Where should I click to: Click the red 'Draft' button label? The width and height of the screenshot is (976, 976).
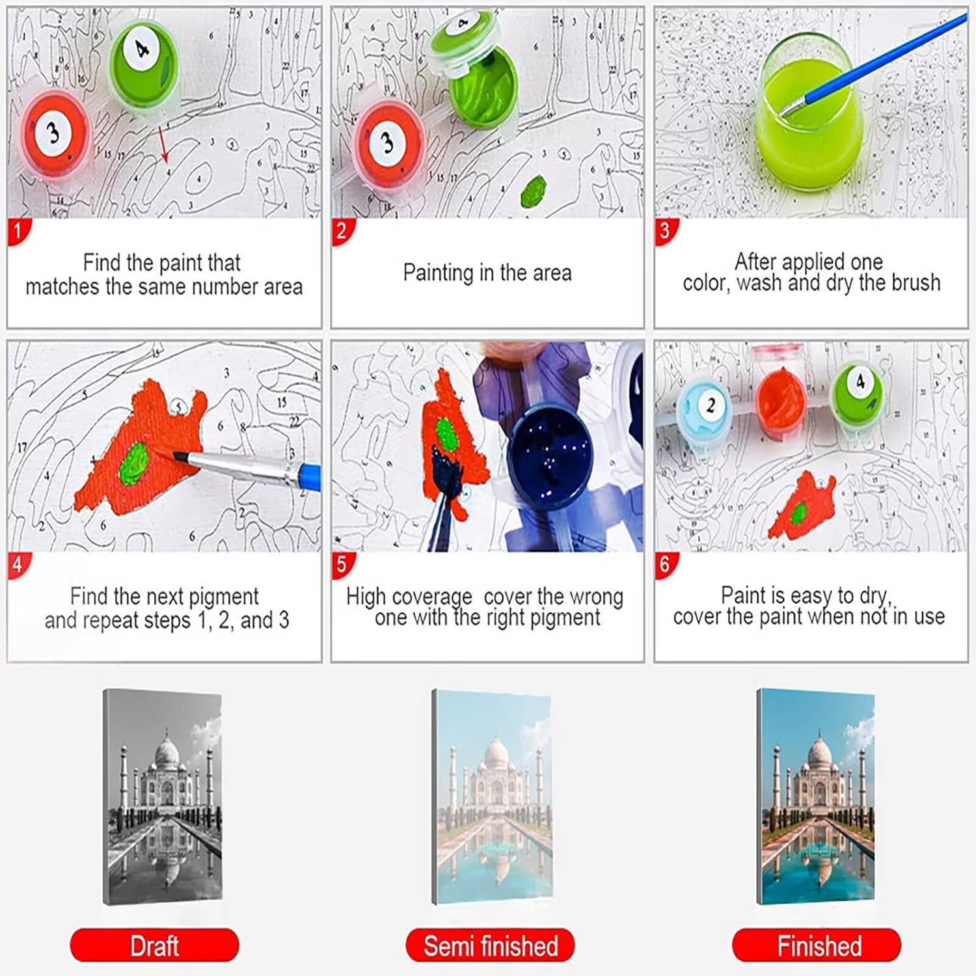point(154,945)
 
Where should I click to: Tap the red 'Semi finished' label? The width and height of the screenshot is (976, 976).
point(491,945)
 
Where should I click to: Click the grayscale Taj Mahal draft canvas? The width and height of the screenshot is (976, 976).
point(163,797)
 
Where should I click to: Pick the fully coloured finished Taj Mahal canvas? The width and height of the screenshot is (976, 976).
point(815,797)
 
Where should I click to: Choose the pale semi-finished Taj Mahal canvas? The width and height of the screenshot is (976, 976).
point(492,797)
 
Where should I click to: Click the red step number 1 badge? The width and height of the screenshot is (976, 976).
point(18,232)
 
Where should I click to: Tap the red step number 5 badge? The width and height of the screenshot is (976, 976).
point(342,565)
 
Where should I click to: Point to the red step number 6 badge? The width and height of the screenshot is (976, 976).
point(665,565)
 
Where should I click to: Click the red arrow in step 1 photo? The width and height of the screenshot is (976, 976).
point(163,144)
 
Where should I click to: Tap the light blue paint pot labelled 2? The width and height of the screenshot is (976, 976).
point(709,409)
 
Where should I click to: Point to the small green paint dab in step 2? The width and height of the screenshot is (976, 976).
point(533,189)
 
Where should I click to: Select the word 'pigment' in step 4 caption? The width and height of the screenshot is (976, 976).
point(224,597)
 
